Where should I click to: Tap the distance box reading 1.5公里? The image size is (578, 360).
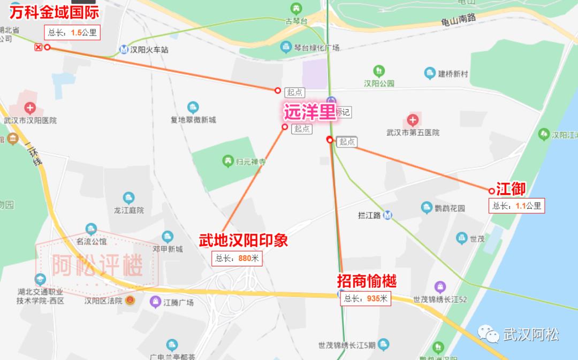click(72, 32)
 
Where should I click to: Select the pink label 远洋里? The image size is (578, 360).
click(309, 112)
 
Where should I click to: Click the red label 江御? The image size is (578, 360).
click(511, 188)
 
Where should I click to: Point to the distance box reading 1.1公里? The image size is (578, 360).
click(516, 205)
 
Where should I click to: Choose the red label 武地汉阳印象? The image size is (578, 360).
click(244, 240)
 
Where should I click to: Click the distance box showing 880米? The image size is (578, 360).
click(237, 258)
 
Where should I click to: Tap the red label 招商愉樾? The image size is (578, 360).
click(367, 281)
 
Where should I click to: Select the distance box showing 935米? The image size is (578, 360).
click(366, 298)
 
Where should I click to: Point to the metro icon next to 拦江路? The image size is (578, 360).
click(388, 215)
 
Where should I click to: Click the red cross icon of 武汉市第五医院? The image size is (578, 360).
click(413, 120)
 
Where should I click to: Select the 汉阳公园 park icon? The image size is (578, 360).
click(379, 71)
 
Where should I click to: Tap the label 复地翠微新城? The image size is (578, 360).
click(193, 120)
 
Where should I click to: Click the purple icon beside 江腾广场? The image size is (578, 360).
click(155, 302)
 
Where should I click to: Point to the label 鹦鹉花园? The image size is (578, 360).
click(450, 208)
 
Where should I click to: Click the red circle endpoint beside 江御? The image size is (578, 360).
click(491, 191)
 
